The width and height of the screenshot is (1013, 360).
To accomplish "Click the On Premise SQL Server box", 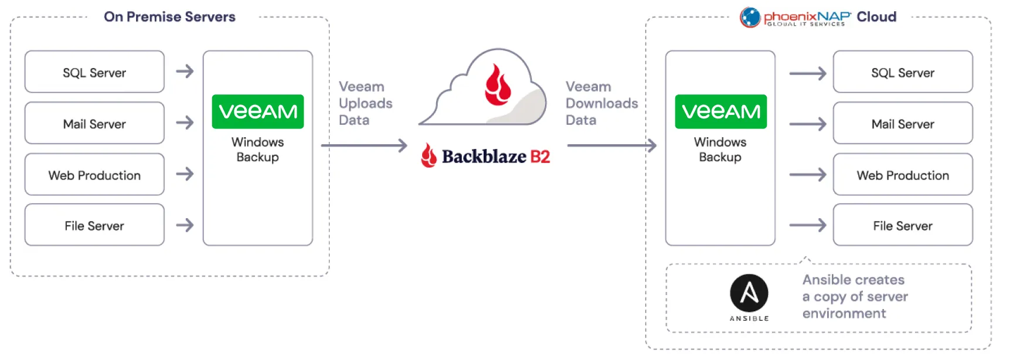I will pyautogui.click(x=94, y=72).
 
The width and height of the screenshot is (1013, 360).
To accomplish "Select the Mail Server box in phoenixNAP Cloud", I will pyautogui.click(x=902, y=124).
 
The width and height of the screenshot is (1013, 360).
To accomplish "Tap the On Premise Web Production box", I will pyautogui.click(x=94, y=175).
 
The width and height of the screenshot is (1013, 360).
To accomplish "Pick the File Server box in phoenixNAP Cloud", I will pyautogui.click(x=902, y=225).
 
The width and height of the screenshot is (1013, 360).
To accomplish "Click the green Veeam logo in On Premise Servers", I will pyautogui.click(x=257, y=111).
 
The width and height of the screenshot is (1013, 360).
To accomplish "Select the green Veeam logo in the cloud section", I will pyautogui.click(x=720, y=111).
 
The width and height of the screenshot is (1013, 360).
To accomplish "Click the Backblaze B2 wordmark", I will pyautogui.click(x=486, y=157).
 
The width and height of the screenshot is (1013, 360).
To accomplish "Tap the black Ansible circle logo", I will pyautogui.click(x=749, y=293).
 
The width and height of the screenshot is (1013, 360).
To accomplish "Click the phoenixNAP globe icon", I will pyautogui.click(x=750, y=17).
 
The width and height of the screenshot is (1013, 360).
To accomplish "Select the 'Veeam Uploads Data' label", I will pyautogui.click(x=365, y=103).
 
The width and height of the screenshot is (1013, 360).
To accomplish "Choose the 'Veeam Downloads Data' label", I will pyautogui.click(x=601, y=103).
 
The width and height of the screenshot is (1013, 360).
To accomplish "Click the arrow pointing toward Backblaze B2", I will pyautogui.click(x=364, y=145).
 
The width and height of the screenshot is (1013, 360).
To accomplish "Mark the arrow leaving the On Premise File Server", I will pyautogui.click(x=185, y=225).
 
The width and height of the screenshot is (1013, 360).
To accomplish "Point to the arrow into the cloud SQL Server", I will pyautogui.click(x=807, y=73).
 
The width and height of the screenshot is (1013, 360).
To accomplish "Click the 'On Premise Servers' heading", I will pyautogui.click(x=169, y=17).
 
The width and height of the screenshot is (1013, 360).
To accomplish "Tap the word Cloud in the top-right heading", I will pyautogui.click(x=876, y=17).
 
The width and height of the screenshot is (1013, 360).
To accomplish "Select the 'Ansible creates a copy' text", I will pyautogui.click(x=854, y=296).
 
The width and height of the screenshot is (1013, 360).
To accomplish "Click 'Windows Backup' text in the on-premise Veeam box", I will pyautogui.click(x=257, y=150).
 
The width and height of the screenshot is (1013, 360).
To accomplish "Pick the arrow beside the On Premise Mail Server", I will pyautogui.click(x=185, y=123).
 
